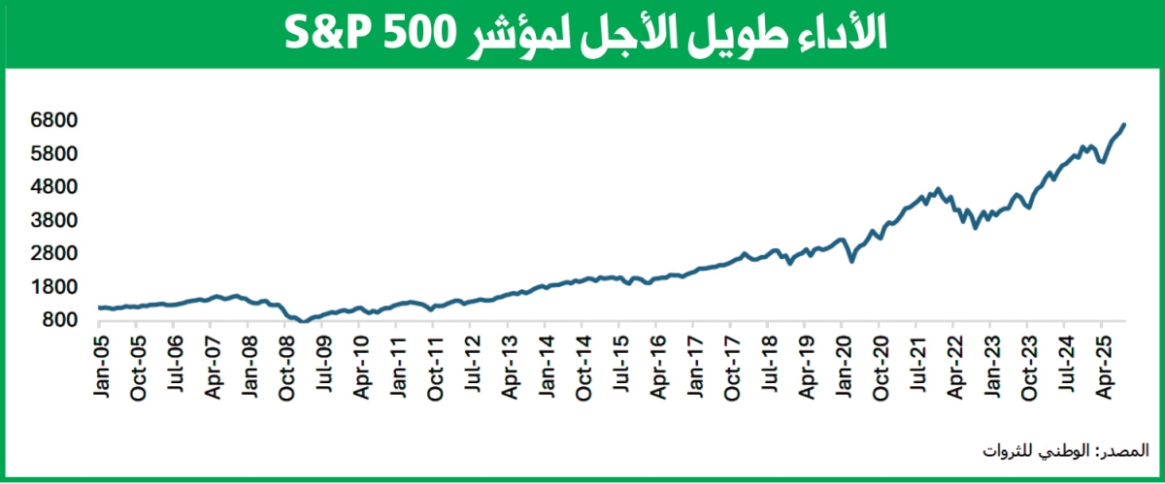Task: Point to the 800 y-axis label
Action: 54,320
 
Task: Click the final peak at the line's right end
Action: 1124,124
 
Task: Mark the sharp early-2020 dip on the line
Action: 851,261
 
